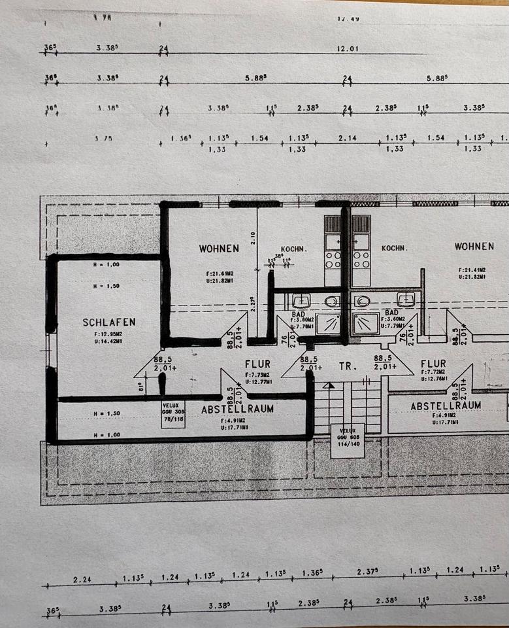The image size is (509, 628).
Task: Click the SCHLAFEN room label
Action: click(109, 322)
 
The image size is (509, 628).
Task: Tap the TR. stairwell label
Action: click(347, 367)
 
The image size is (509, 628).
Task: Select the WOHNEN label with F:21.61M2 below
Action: click(219, 248)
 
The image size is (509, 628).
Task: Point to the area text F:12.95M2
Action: click(109, 334)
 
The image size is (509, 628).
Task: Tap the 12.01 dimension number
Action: click(349, 48)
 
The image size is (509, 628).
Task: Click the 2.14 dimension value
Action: click(345, 139)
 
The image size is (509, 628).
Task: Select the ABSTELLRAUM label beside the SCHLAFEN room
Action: click(237, 409)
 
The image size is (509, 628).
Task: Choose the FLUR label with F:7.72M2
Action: click(433, 364)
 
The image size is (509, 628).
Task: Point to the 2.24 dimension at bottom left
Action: click(82, 579)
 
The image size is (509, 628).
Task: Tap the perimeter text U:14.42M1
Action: click(109, 341)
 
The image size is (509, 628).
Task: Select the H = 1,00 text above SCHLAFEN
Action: click(106, 265)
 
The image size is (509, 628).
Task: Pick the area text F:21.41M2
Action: click(474, 270)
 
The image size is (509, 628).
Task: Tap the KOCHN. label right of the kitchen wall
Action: click(395, 249)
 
